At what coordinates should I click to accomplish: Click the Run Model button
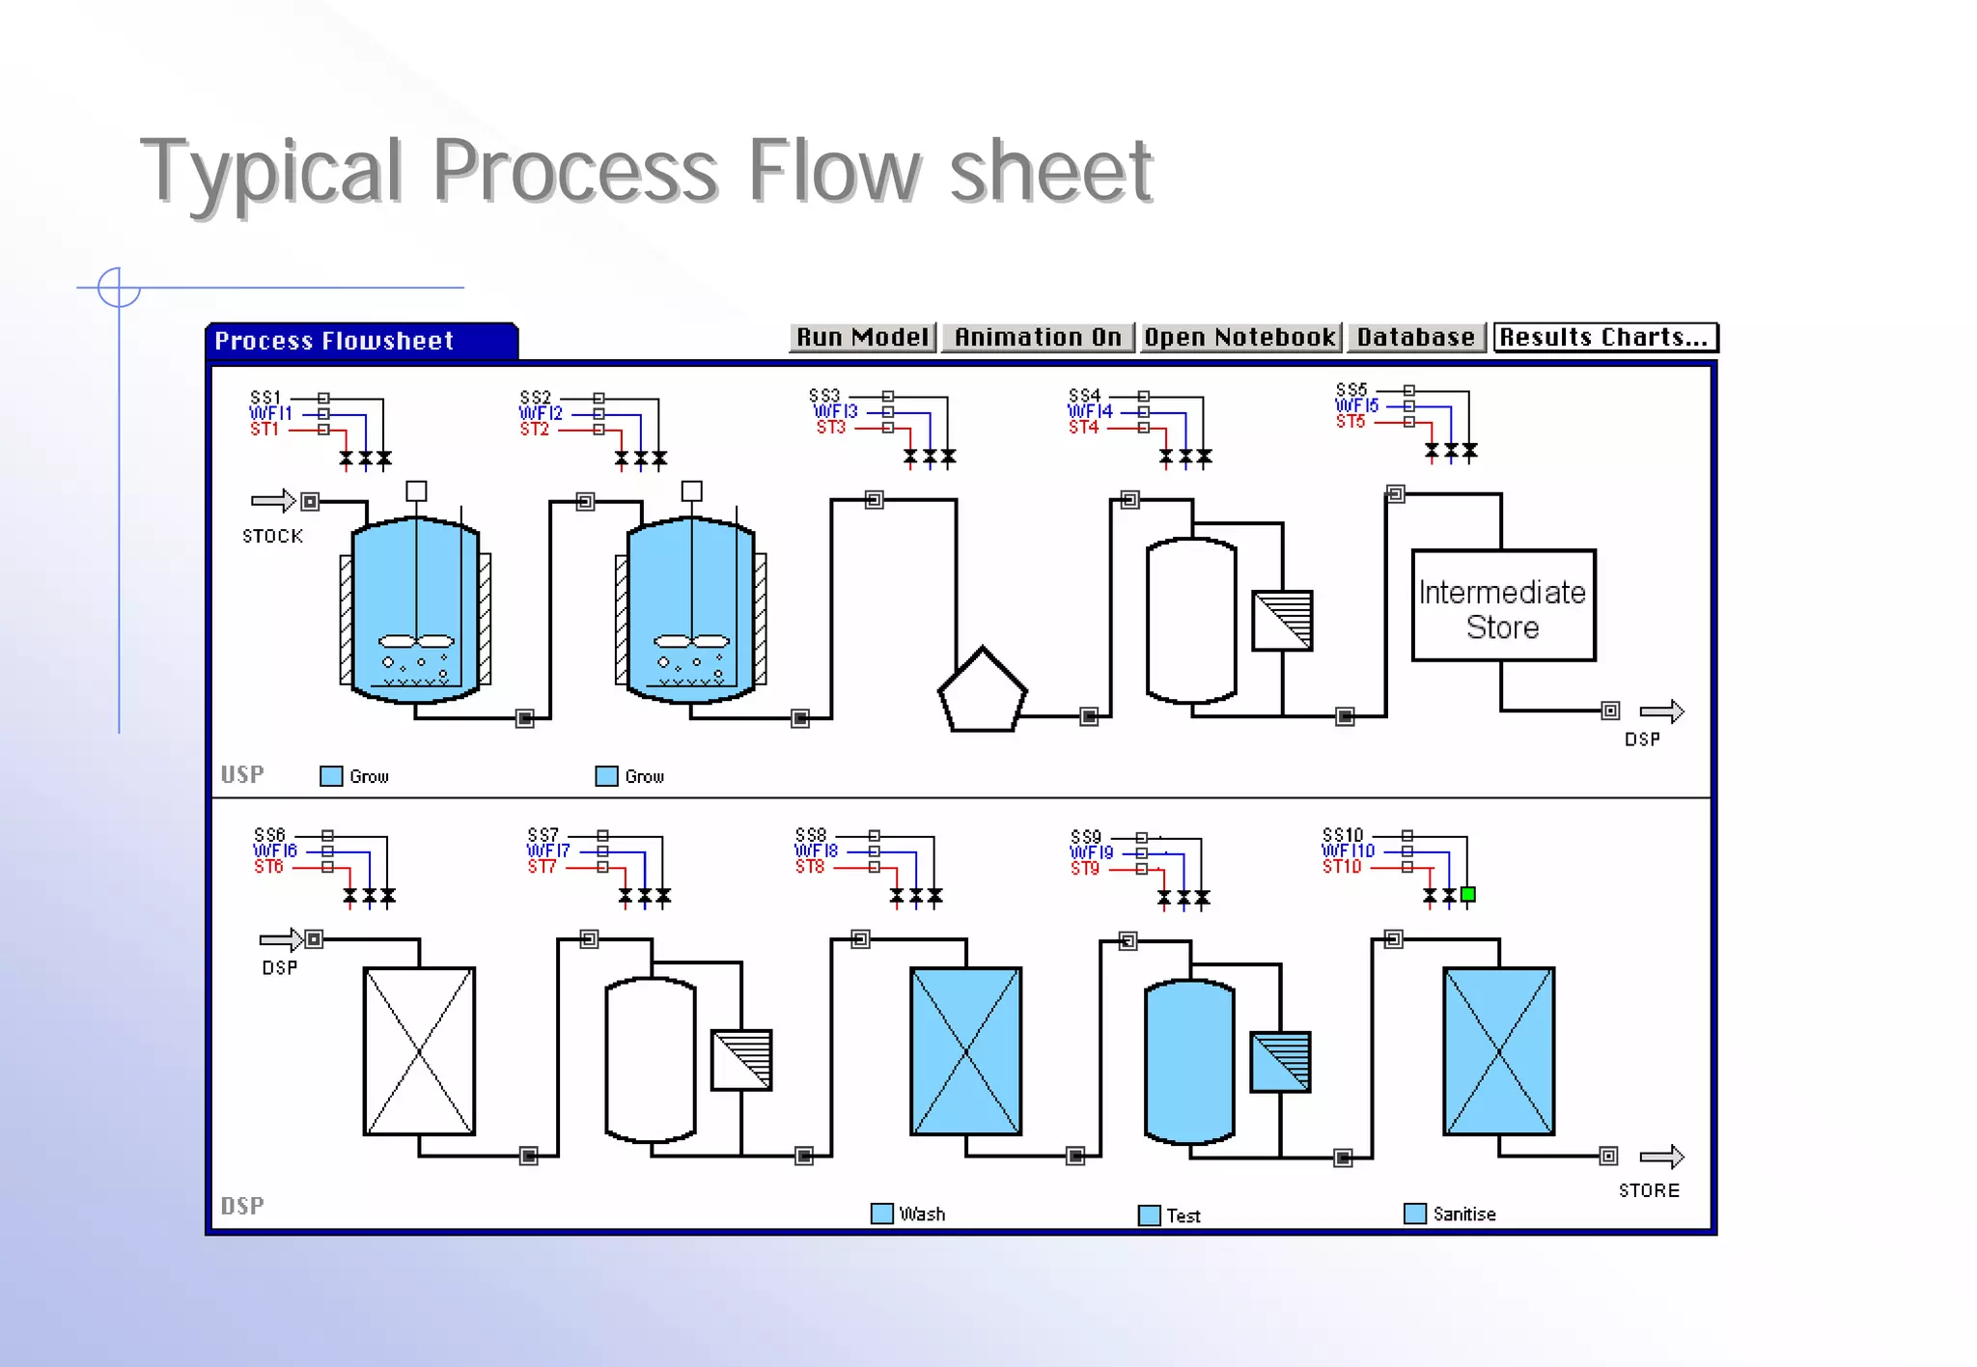[x=862, y=337]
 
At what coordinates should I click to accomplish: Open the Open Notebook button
[x=1239, y=337]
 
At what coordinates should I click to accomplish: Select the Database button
[x=1415, y=337]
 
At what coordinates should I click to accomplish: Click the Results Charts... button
[x=1604, y=337]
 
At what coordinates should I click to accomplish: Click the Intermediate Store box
[x=1502, y=606]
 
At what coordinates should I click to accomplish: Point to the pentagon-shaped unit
[x=982, y=693]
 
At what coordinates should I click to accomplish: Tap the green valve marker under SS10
[x=1468, y=895]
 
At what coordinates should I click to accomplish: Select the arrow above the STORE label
[x=1661, y=1156]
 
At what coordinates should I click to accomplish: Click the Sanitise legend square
[x=1414, y=1214]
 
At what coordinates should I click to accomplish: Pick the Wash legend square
[x=881, y=1214]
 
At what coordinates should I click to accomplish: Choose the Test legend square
[x=1149, y=1215]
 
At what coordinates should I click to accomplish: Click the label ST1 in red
[x=265, y=430]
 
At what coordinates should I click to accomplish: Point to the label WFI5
[x=1356, y=406]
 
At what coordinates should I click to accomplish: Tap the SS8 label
[x=811, y=834]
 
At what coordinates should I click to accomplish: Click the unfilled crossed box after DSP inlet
[x=419, y=1051]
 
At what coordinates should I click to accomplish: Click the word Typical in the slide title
[x=270, y=172]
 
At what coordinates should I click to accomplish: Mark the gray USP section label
[x=241, y=774]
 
